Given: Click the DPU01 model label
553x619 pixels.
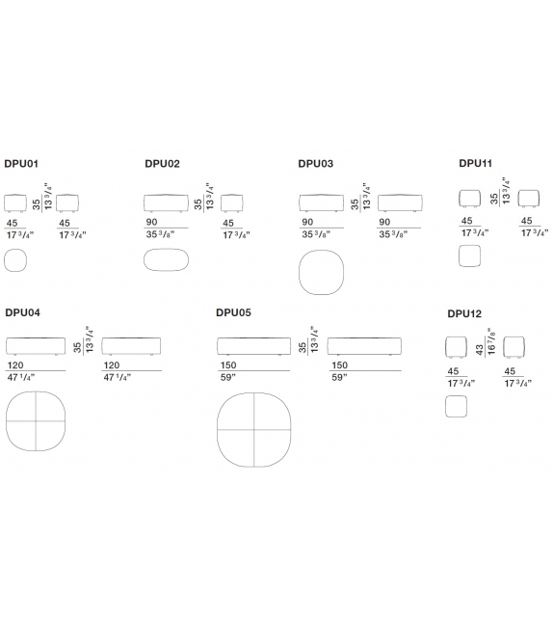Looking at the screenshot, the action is coord(21,164).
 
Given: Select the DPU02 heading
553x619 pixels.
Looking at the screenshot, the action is coord(162,164).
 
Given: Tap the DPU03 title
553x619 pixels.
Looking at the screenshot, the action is coord(316,164).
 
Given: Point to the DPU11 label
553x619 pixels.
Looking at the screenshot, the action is coord(475,164).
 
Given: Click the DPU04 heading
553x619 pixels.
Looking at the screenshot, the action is coord(22,312).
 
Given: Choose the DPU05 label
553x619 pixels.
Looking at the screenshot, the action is coord(233,312).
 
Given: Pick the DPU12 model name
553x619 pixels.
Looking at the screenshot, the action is coord(464,314).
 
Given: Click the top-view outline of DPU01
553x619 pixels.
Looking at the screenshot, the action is coord(15,250).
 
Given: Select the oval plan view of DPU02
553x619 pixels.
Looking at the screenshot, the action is coord(166,249).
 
